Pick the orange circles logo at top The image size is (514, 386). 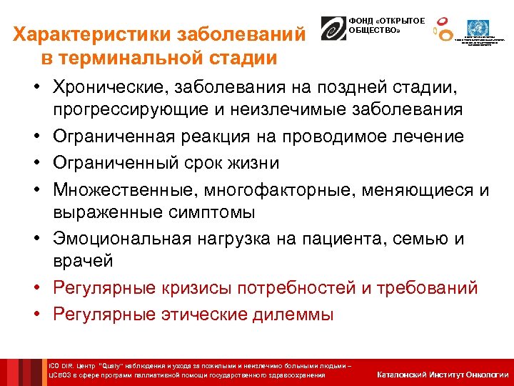click(x=444, y=30)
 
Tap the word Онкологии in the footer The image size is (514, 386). click(x=487, y=375)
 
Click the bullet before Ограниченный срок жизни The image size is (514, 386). click(x=35, y=163)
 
